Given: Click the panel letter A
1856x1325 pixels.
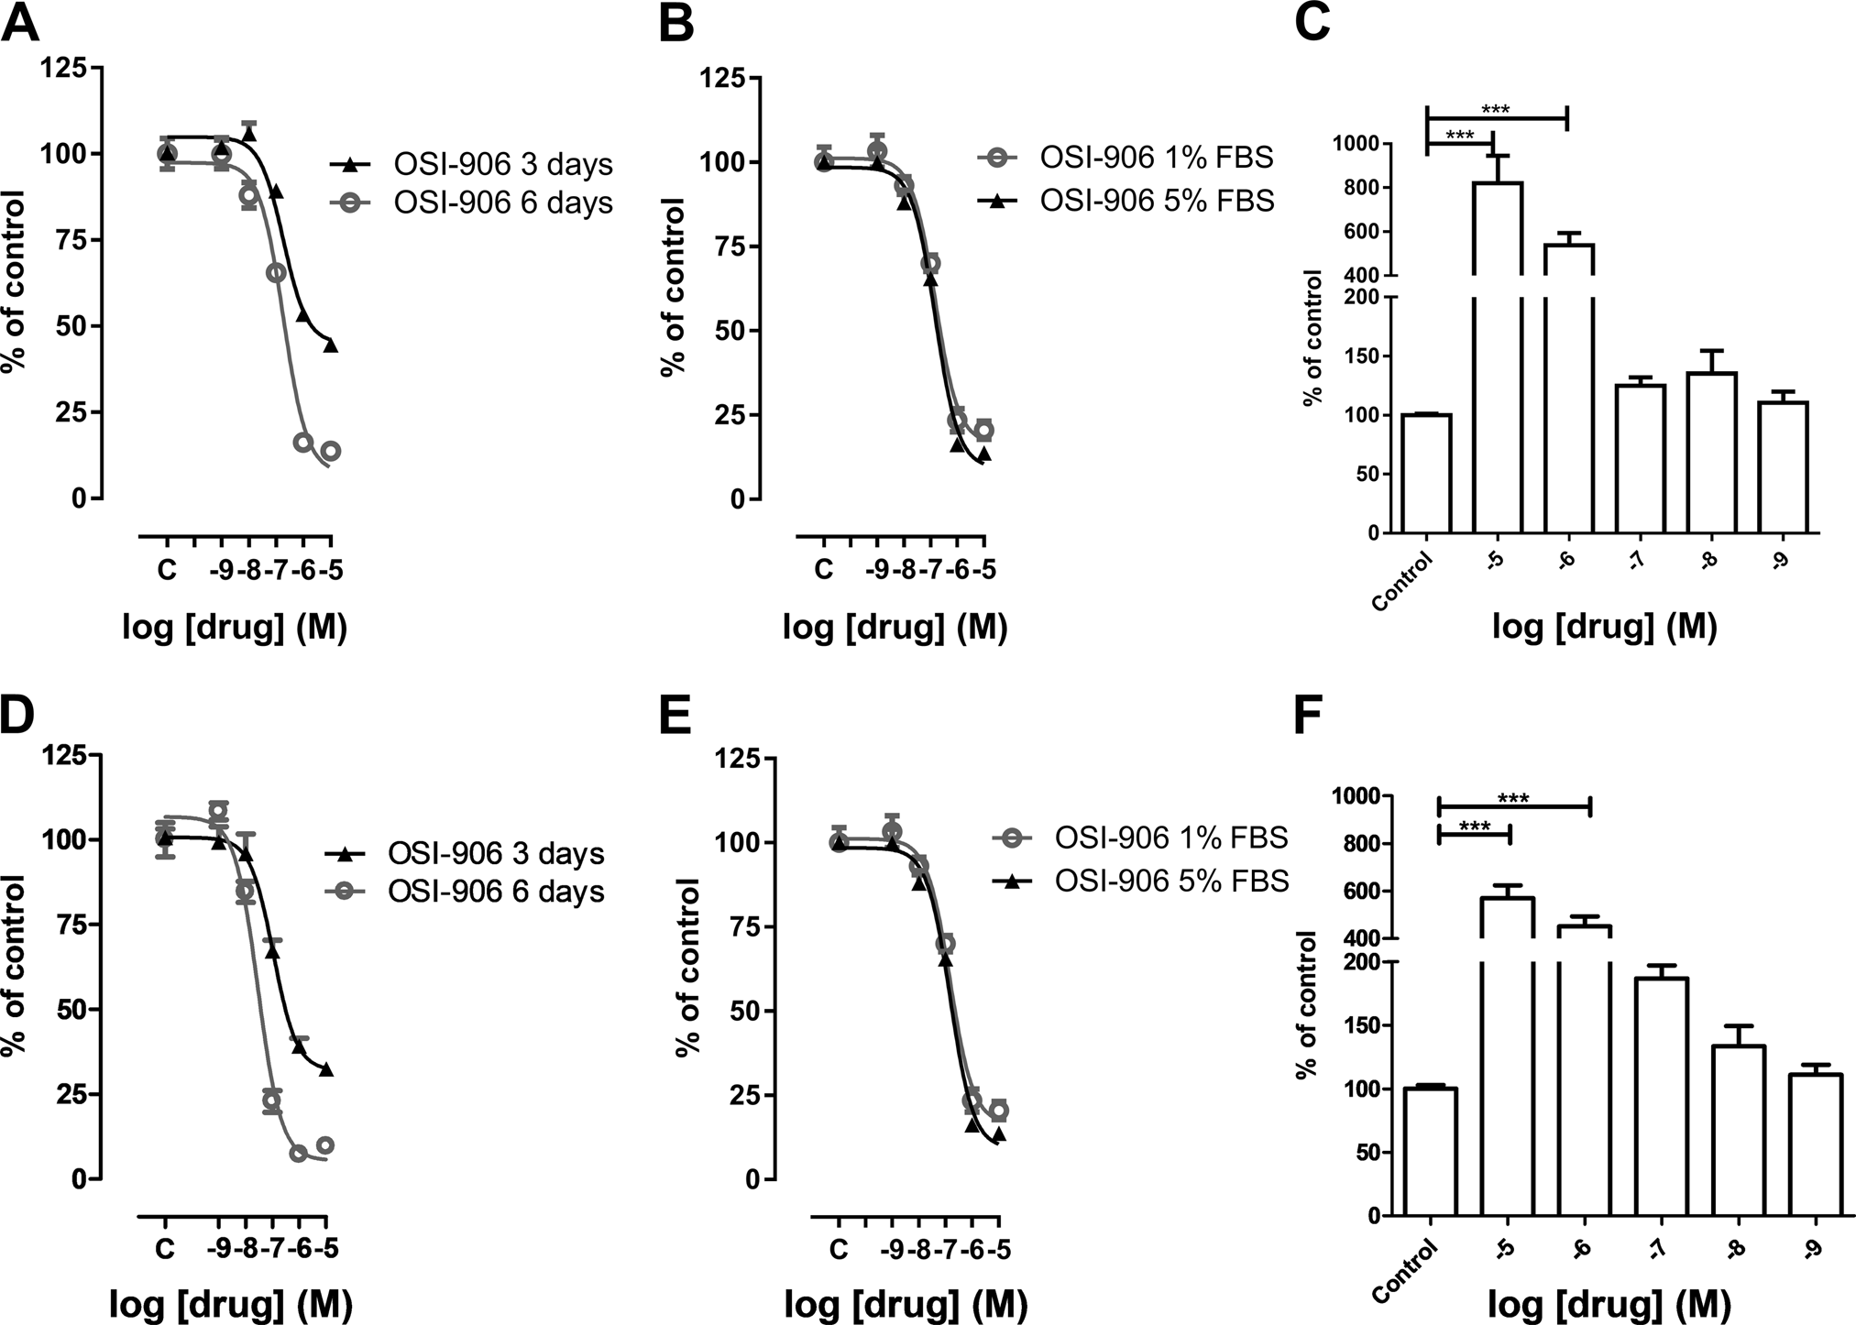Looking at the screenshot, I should (x=20, y=23).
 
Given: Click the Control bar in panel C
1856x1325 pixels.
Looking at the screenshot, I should (x=1426, y=474).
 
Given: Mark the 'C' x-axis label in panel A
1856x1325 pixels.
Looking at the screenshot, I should (x=166, y=571).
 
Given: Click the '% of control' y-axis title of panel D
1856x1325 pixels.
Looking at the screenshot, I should (x=16, y=966).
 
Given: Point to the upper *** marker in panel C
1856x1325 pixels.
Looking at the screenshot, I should (x=1495, y=111).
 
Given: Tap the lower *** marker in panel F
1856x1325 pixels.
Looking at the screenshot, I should (x=1474, y=827).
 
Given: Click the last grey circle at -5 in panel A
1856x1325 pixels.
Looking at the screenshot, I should (x=331, y=451).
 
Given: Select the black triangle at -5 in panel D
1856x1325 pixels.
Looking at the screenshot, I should (x=326, y=1069).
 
